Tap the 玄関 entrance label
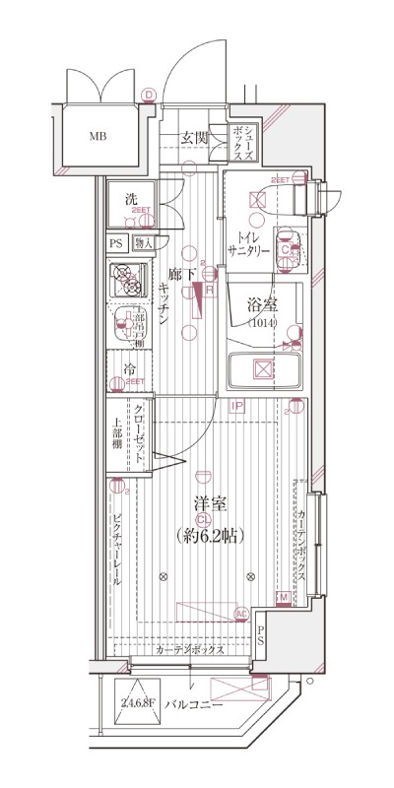click(x=194, y=138)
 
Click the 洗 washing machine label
click(x=130, y=200)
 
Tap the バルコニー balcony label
click(x=194, y=705)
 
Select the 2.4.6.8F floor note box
click(x=139, y=702)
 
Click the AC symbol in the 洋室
click(x=240, y=615)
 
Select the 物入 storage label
click(x=142, y=243)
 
